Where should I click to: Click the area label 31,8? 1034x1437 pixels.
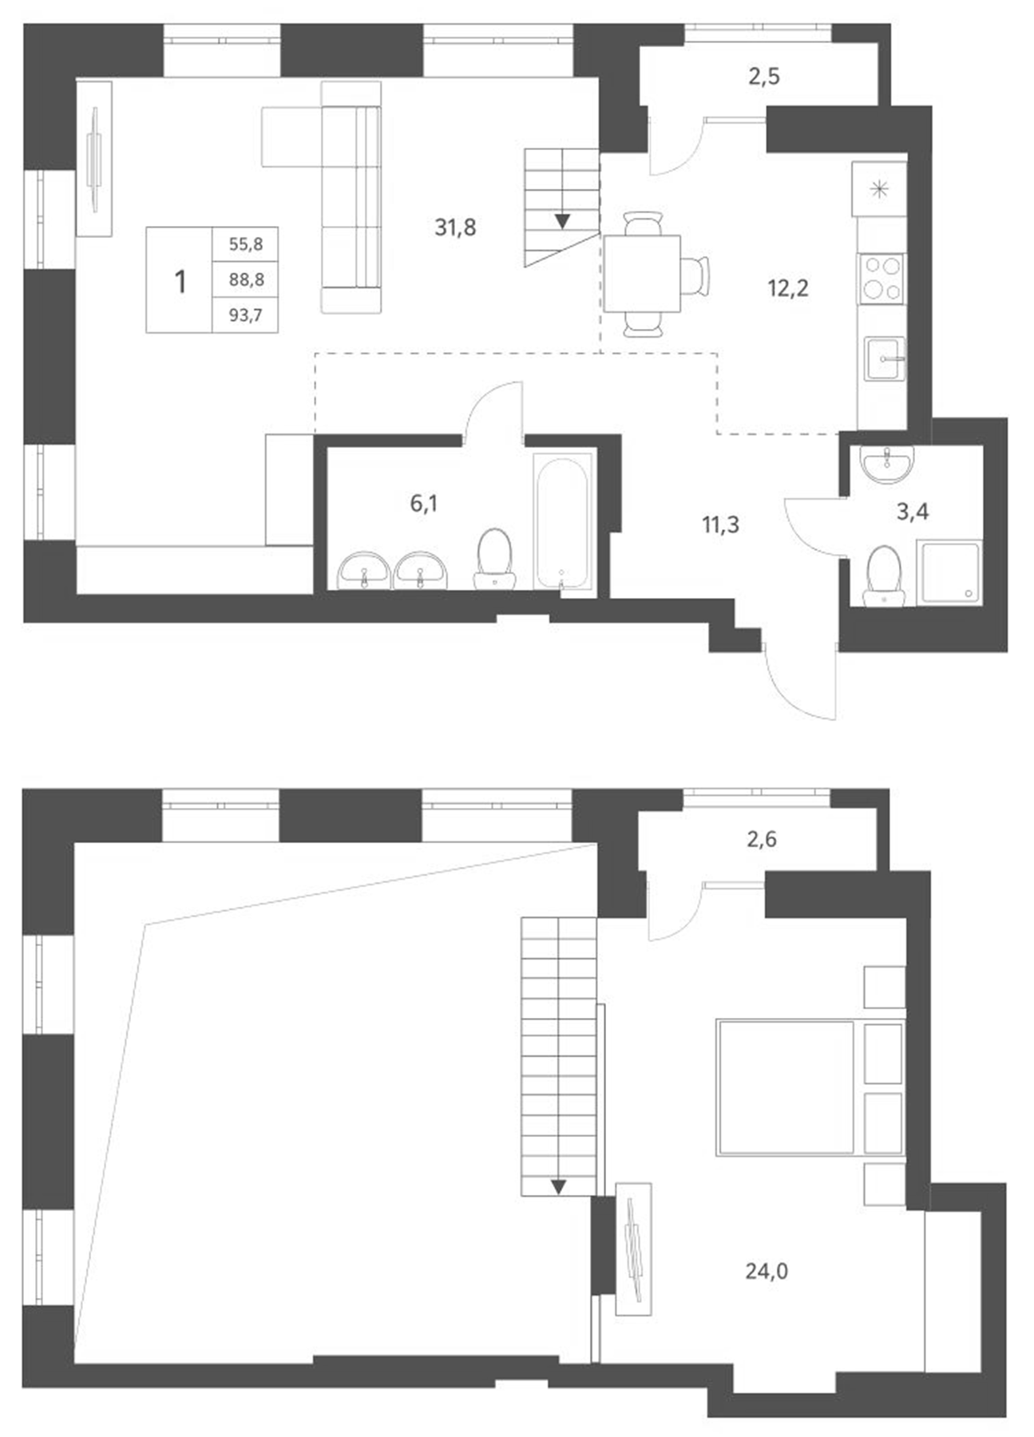click(x=455, y=228)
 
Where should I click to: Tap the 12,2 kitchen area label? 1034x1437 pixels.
click(x=788, y=288)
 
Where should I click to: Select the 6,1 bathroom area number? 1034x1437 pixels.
click(x=423, y=504)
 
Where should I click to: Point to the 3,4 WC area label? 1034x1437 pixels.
click(x=913, y=512)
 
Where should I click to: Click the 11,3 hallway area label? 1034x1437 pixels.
click(x=720, y=525)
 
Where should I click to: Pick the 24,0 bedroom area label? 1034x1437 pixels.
click(x=767, y=1271)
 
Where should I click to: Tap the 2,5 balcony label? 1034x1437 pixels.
click(x=764, y=77)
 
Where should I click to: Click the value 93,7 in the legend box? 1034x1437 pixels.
click(x=246, y=315)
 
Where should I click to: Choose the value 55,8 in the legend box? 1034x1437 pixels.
click(x=246, y=244)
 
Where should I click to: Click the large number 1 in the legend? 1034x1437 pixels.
click(x=180, y=281)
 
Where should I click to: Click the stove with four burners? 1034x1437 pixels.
click(x=881, y=279)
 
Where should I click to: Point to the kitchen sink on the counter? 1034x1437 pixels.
click(x=885, y=358)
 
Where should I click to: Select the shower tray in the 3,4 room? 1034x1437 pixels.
click(x=949, y=572)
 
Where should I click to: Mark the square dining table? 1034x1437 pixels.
click(x=642, y=273)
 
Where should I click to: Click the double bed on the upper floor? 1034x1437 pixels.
click(x=786, y=1087)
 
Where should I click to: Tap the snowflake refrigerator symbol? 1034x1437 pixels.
click(x=879, y=189)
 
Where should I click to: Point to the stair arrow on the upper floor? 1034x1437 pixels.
click(x=558, y=1186)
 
